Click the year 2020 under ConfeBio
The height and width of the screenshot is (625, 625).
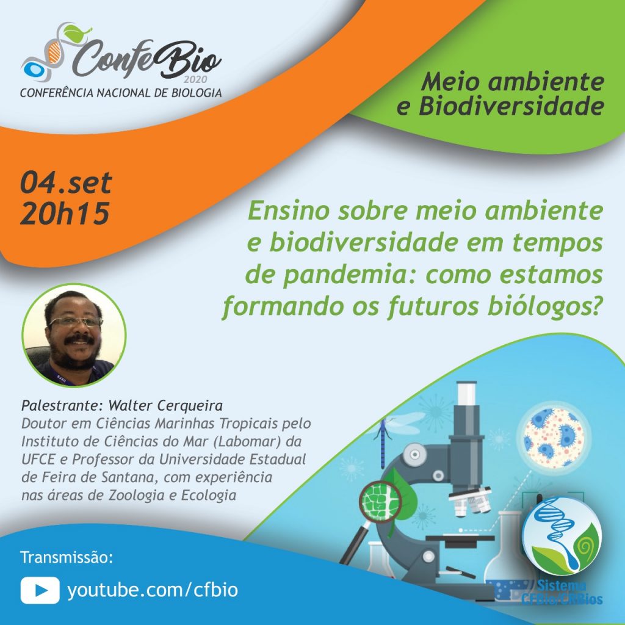[x=195, y=79]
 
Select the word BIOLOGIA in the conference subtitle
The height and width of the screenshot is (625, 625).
[x=197, y=93]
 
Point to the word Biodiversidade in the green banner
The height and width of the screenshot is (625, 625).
[x=511, y=107]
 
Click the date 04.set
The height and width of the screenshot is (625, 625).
[x=66, y=183]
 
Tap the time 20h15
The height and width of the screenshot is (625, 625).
[x=65, y=213]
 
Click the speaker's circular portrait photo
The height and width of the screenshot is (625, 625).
[x=74, y=335]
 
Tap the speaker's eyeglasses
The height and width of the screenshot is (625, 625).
[x=75, y=322]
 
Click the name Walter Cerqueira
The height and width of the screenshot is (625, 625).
[x=165, y=405]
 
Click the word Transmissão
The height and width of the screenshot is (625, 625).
[x=67, y=557]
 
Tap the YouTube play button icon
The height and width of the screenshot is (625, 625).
[x=40, y=590]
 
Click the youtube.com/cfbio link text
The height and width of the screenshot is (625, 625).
[x=153, y=590]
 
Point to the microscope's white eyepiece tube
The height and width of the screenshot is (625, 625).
[x=466, y=393]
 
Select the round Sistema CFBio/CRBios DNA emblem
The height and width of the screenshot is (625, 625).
[x=562, y=535]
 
